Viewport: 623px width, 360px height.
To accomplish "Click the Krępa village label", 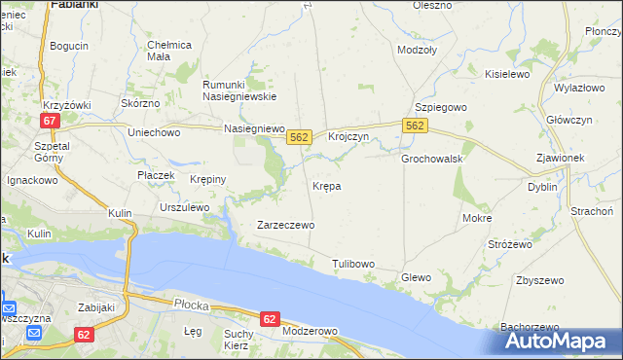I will click(x=326, y=185).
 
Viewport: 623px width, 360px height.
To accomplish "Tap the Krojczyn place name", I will click(x=348, y=137).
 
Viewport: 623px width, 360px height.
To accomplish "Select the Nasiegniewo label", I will click(x=253, y=128).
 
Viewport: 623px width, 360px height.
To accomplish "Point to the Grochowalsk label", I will click(x=431, y=159).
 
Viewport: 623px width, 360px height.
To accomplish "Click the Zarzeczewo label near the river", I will click(x=285, y=225).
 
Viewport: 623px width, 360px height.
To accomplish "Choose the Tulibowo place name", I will click(x=352, y=264).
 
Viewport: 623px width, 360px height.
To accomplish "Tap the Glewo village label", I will click(x=416, y=277).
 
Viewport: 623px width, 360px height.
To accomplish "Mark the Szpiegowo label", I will click(x=442, y=106).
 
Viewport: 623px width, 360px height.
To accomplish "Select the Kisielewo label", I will click(x=506, y=73).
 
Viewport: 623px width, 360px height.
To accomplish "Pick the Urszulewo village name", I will click(x=184, y=207).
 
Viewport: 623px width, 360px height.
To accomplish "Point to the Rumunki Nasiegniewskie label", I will click(x=239, y=90).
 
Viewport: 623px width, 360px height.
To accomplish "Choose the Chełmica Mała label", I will click(x=169, y=51).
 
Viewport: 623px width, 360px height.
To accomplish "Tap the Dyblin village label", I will click(x=542, y=187).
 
